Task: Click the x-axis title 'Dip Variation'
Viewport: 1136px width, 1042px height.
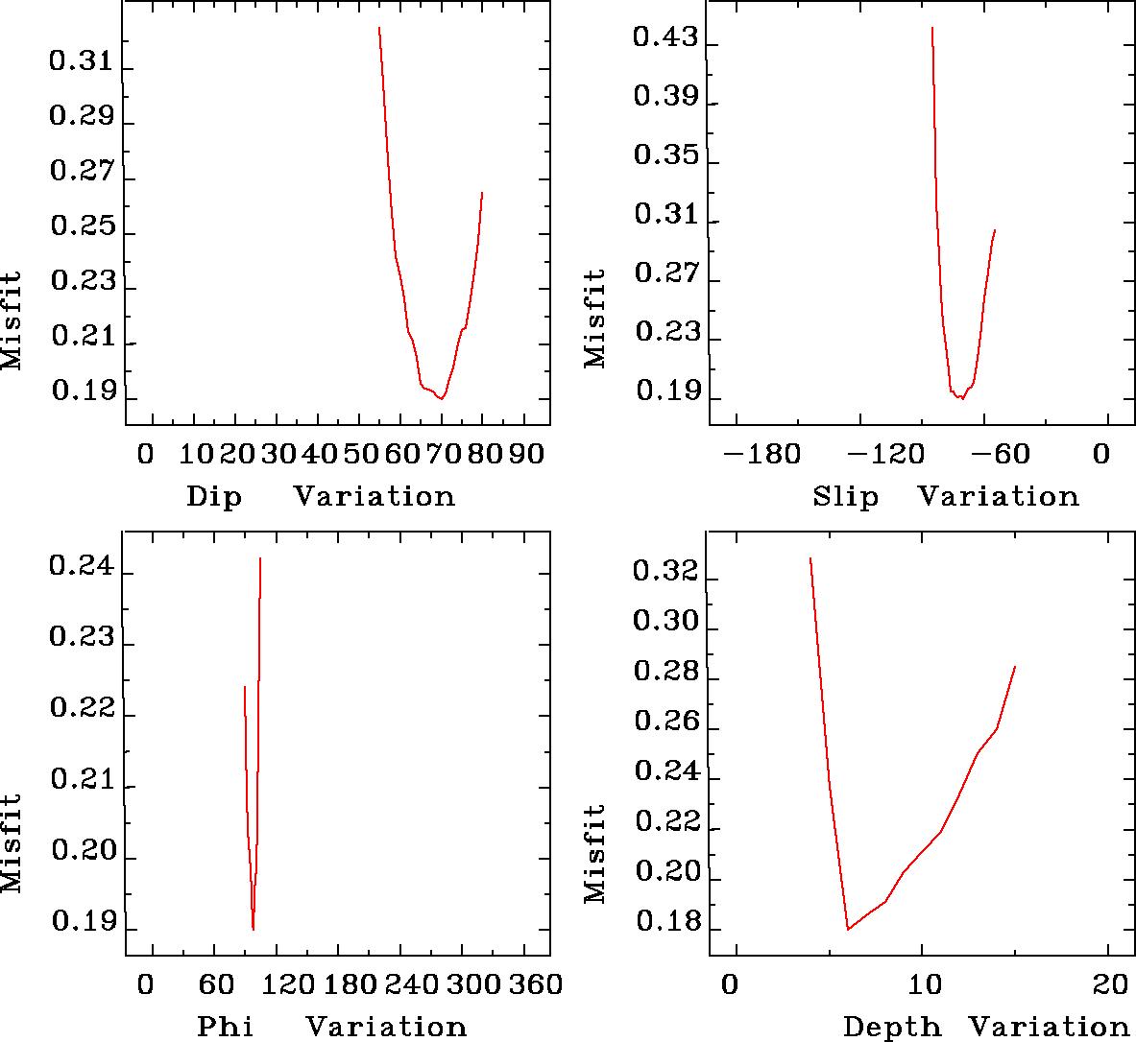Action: [320, 496]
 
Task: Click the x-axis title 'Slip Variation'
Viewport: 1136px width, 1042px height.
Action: [946, 496]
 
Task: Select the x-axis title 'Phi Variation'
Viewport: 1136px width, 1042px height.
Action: [331, 1027]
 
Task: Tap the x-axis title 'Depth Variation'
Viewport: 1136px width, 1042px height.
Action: [986, 1027]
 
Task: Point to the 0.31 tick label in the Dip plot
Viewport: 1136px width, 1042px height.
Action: [81, 64]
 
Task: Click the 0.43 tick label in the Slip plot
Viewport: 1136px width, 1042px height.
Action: [665, 38]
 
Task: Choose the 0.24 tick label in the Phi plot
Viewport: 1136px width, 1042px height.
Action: [81, 566]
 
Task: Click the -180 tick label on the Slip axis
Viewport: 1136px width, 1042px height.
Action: [761, 454]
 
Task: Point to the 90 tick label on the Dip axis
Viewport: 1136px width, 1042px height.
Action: [525, 454]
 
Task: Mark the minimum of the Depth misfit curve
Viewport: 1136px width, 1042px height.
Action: [848, 929]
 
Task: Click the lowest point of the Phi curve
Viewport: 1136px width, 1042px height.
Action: [253, 929]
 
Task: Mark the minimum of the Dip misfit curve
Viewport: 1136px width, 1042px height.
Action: [442, 397]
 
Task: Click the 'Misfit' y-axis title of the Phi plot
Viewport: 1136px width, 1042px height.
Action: [12, 842]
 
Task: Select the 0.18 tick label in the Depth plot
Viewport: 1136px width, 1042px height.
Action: [665, 929]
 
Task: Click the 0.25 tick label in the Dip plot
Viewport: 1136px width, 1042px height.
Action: [81, 228]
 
